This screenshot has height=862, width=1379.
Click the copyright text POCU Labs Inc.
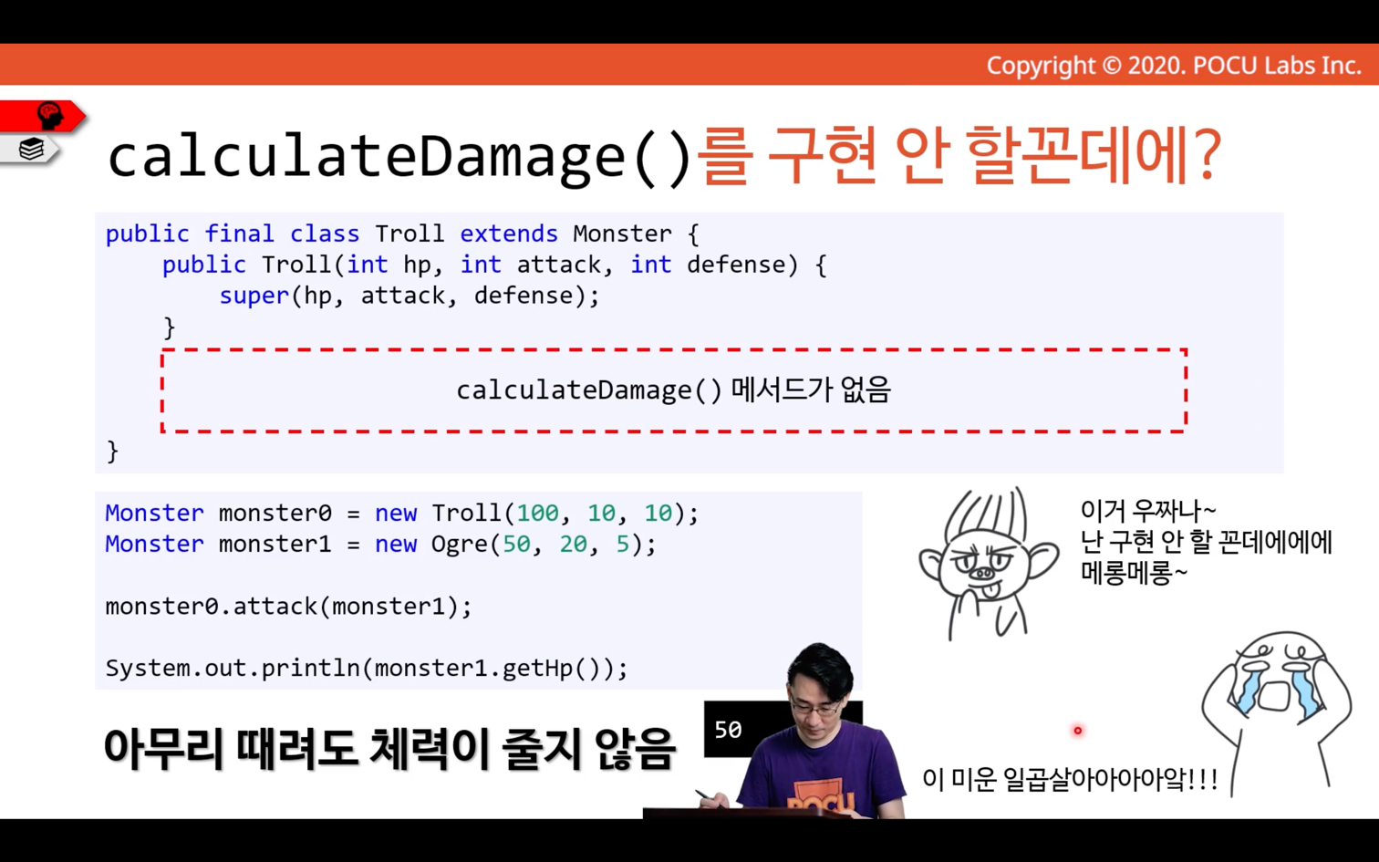[x=1277, y=66]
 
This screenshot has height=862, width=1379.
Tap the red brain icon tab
[x=43, y=116]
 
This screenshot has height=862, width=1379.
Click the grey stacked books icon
[x=31, y=149]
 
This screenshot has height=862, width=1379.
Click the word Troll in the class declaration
[x=410, y=234]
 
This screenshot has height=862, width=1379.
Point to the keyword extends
[x=509, y=234]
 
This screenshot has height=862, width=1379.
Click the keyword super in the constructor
[x=254, y=296]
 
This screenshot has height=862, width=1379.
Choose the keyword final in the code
[x=240, y=234]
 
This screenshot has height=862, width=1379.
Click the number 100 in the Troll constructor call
[x=538, y=513]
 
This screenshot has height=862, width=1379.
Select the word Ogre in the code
[x=459, y=545]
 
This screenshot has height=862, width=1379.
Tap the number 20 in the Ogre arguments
[x=573, y=545]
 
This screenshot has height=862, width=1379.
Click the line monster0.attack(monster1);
[x=289, y=607]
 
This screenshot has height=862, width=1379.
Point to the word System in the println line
[x=147, y=668]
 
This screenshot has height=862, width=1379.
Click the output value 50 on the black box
[x=729, y=730]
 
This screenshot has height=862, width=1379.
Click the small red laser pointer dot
[x=1077, y=731]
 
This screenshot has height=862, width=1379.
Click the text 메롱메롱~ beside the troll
[x=1134, y=573]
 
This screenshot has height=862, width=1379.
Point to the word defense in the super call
[x=524, y=296]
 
